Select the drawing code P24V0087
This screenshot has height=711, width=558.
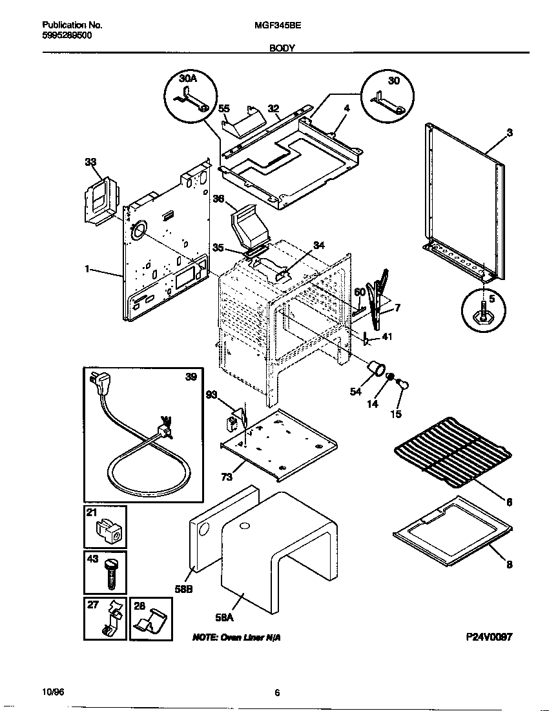tap(489, 637)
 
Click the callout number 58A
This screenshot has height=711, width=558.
tap(223, 617)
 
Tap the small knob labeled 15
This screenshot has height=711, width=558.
tap(404, 385)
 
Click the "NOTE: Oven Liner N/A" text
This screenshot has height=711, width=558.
tap(236, 637)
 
